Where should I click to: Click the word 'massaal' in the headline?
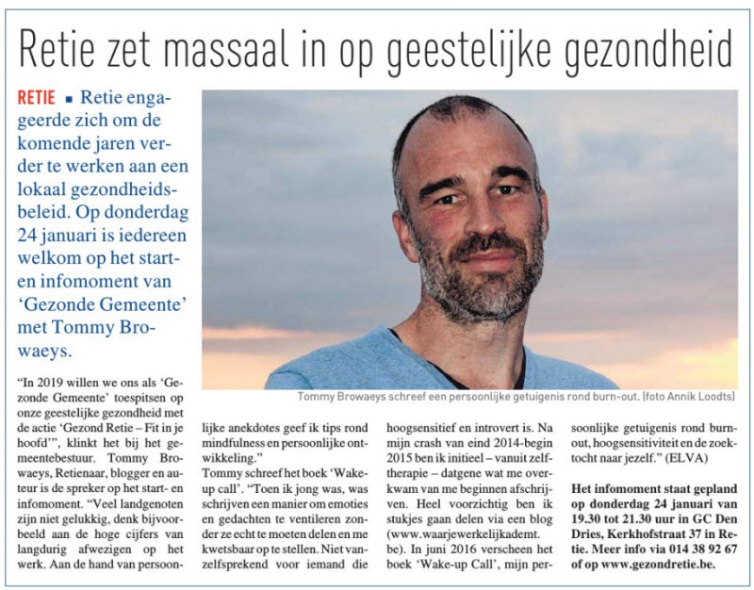(241, 44)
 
